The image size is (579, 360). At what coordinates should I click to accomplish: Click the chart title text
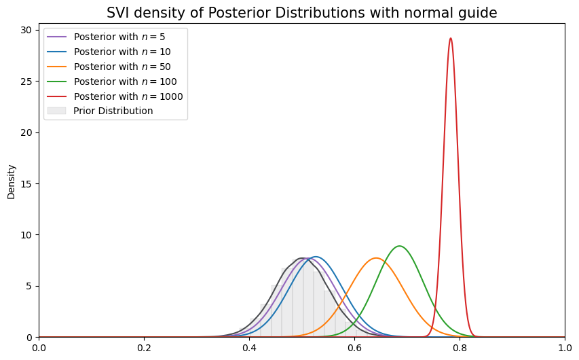[x=301, y=12]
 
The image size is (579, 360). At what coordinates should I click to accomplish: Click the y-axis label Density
[x=11, y=180]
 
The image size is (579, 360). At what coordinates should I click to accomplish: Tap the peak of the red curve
[x=451, y=38]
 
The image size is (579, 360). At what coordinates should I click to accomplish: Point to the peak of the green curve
[x=400, y=246]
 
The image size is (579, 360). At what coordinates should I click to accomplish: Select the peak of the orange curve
[x=376, y=258]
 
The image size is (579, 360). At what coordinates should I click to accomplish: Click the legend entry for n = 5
[x=119, y=37]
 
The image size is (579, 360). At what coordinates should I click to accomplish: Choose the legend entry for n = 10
[x=122, y=52]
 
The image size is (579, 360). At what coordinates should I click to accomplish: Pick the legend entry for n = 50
[x=122, y=67]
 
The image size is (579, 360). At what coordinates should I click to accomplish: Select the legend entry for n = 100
[x=124, y=82]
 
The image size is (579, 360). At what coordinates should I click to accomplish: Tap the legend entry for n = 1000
[x=128, y=96]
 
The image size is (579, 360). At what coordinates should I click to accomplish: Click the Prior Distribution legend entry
[x=113, y=111]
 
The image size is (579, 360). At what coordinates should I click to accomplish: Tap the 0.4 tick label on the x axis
[x=249, y=348]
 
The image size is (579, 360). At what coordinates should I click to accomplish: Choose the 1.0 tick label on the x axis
[x=565, y=348]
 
